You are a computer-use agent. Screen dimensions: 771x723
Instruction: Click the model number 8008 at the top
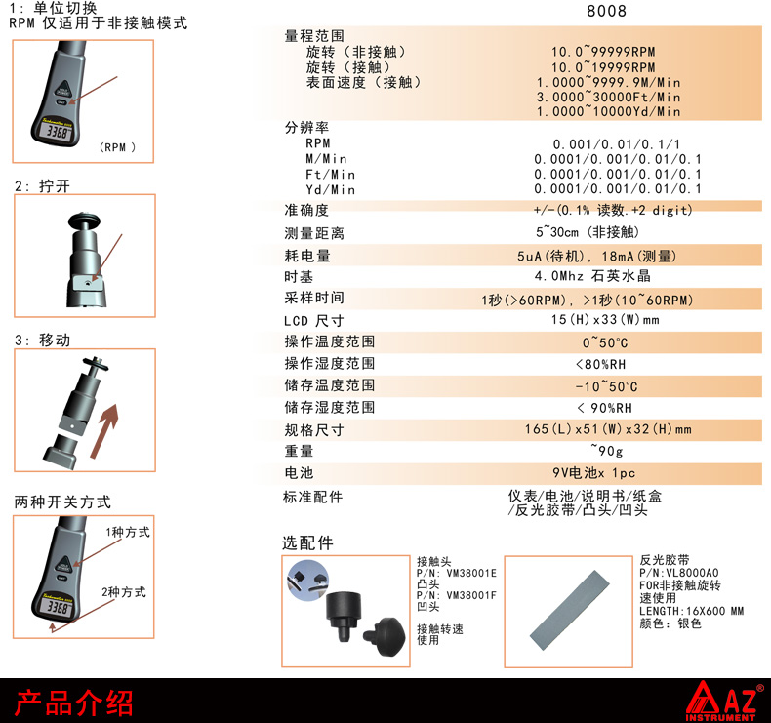coord(606,11)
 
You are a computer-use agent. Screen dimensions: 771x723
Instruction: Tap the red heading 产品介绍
coord(74,703)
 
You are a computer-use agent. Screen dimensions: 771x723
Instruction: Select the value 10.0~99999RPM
coord(603,52)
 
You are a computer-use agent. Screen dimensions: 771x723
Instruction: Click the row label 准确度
coord(306,210)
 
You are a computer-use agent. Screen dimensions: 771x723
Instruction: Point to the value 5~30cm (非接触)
coord(588,232)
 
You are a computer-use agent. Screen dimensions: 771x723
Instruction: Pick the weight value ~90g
coord(607,450)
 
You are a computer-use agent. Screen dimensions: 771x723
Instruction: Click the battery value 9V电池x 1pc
coord(593,473)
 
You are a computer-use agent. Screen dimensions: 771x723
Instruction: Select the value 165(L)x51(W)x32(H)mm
coord(608,429)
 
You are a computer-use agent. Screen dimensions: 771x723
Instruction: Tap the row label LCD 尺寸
coord(313,321)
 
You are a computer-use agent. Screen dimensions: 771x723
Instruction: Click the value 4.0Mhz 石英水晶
coord(592,276)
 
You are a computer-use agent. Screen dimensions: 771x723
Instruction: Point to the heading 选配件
coord(307,543)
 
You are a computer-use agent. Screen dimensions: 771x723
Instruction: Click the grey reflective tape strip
coord(569,611)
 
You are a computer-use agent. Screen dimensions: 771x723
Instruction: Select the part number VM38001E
coord(471,573)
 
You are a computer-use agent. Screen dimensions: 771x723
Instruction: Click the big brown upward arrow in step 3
coord(104,430)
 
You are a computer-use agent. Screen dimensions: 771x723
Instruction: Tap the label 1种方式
coord(128,532)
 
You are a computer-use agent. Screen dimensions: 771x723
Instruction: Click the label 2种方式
coord(124,592)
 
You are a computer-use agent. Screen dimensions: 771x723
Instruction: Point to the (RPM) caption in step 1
coord(117,147)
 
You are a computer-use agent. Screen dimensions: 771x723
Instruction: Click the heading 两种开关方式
coord(62,502)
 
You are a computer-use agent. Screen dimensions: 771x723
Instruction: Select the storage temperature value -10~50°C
coord(606,386)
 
